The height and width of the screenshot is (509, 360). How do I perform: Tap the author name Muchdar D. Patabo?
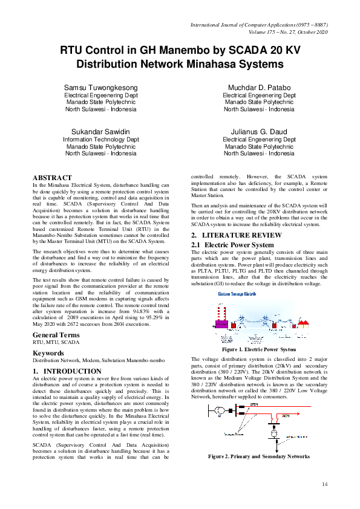pos(260,88)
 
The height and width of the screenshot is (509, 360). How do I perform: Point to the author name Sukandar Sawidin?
pos(100,131)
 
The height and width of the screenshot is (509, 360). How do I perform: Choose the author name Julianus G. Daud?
pos(260,131)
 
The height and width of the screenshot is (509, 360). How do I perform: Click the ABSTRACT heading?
pos(52,178)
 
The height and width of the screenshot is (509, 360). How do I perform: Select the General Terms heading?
pos(56,335)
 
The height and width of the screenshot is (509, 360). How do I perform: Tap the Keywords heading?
pos(48,352)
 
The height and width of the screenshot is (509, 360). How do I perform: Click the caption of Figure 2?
pos(259,456)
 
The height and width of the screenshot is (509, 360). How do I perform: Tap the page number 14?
pos(325,484)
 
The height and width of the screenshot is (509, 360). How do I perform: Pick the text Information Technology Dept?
pos(100,139)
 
